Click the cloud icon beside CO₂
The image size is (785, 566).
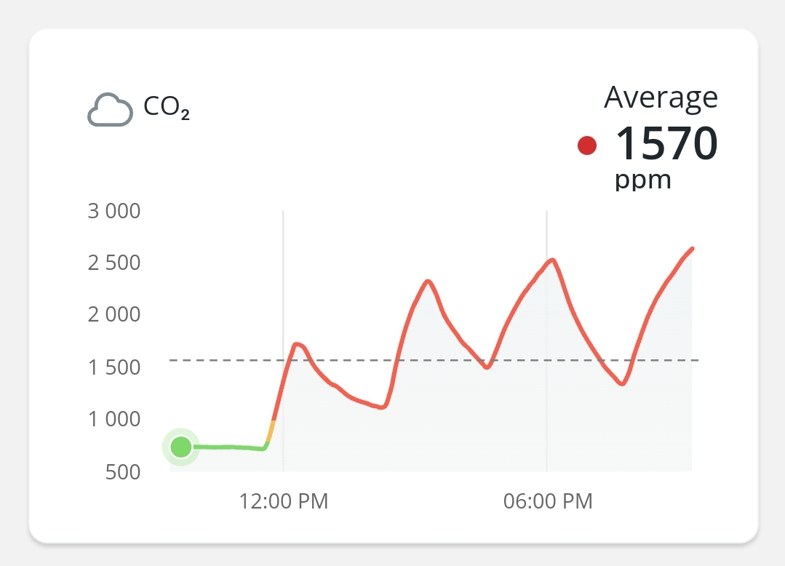coord(110,111)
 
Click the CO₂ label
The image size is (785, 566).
coord(167,108)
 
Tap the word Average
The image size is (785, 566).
coord(661,97)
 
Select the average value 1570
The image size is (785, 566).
coord(666,143)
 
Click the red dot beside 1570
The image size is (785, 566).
coord(587,146)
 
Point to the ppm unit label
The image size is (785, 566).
coord(642,180)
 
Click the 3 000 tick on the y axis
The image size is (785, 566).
coord(113,212)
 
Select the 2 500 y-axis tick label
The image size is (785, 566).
coord(113,263)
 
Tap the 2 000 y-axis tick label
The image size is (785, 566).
coord(113,315)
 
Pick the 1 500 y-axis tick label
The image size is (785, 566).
coord(113,367)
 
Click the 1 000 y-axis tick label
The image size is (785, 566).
coord(113,419)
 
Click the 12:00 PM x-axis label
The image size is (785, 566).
coord(284,501)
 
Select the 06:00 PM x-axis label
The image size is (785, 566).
coord(548,501)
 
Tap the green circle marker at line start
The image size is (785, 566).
coord(180,447)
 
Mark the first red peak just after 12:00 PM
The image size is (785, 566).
coord(296,344)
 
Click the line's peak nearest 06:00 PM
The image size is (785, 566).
coord(554,260)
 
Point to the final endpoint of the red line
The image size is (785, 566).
coord(692,249)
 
